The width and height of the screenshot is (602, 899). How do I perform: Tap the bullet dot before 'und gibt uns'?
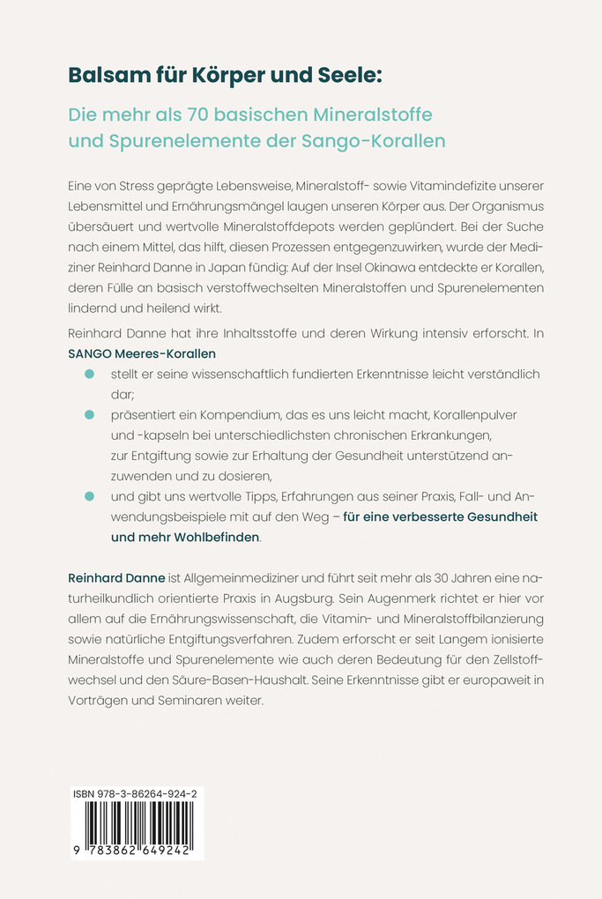point(89,497)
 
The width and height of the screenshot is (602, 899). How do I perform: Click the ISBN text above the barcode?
point(136,794)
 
